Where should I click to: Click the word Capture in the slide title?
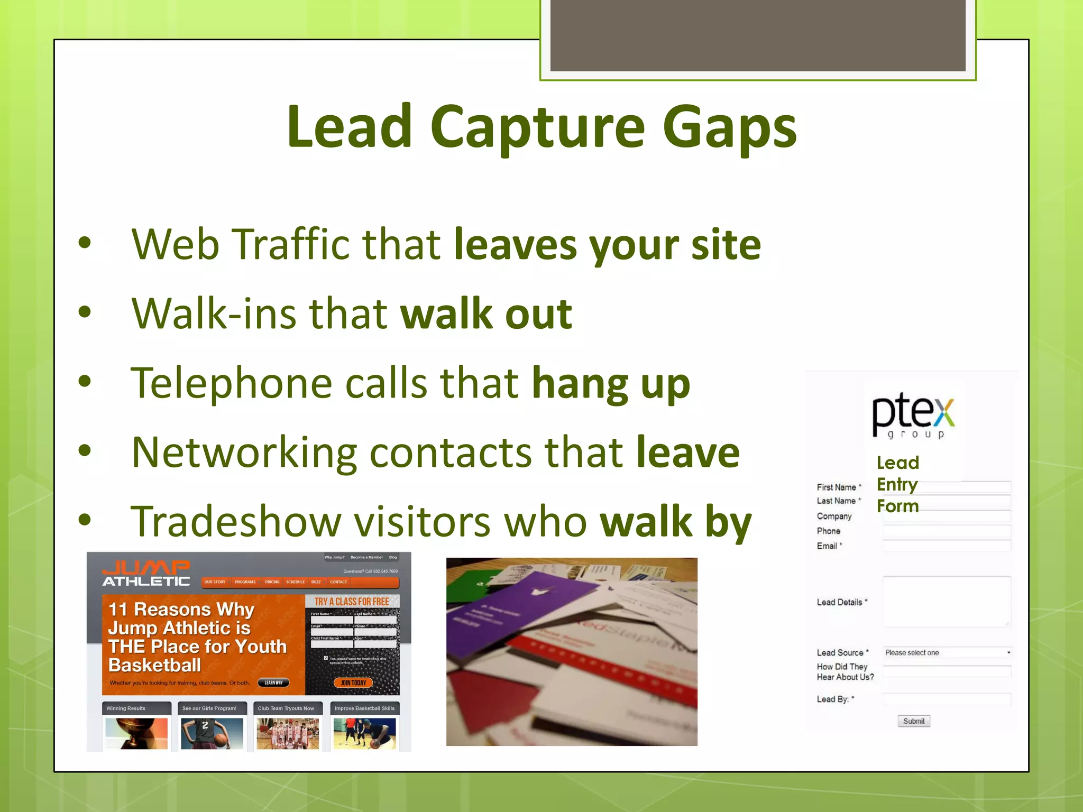point(537,127)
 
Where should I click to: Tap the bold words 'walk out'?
point(486,313)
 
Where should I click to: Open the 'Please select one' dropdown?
point(947,653)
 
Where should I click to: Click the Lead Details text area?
point(947,602)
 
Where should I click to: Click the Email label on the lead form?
point(827,546)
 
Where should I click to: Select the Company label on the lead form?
point(834,516)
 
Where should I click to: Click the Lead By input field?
point(947,699)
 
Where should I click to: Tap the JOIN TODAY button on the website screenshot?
point(353,682)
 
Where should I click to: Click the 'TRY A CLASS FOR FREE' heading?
point(352,602)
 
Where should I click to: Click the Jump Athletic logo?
point(146,574)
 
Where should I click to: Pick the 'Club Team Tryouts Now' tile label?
point(286,708)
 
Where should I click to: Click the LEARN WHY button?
point(273,682)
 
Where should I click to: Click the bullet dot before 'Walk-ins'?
point(85,312)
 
